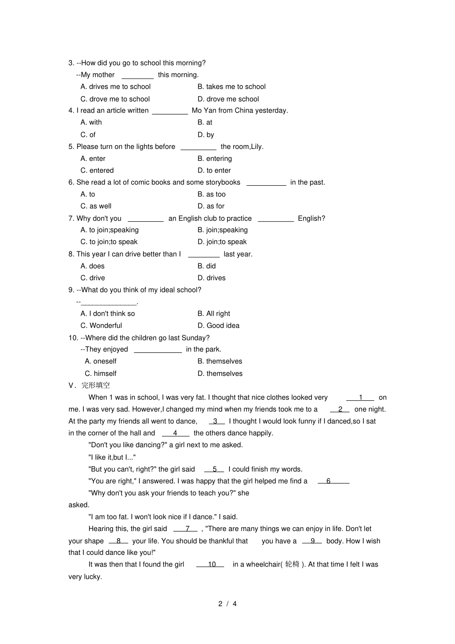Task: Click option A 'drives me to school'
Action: click(115, 87)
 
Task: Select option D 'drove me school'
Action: click(228, 99)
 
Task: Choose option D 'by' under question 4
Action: click(206, 135)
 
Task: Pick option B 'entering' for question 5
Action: click(215, 158)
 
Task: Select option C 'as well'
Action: click(96, 206)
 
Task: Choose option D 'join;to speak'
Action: click(222, 242)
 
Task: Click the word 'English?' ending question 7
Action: click(311, 218)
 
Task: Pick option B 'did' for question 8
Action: click(207, 266)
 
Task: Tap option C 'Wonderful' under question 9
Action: click(101, 326)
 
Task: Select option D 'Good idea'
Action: click(218, 326)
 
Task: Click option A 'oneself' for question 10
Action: click(101, 362)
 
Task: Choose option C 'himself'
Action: click(101, 373)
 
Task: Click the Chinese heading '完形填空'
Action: click(96, 385)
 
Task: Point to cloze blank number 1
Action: click(360, 398)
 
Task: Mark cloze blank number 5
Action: click(215, 470)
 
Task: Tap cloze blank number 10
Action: click(211, 565)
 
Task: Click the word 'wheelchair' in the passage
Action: click(263, 565)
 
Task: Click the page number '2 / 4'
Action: click(227, 604)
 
